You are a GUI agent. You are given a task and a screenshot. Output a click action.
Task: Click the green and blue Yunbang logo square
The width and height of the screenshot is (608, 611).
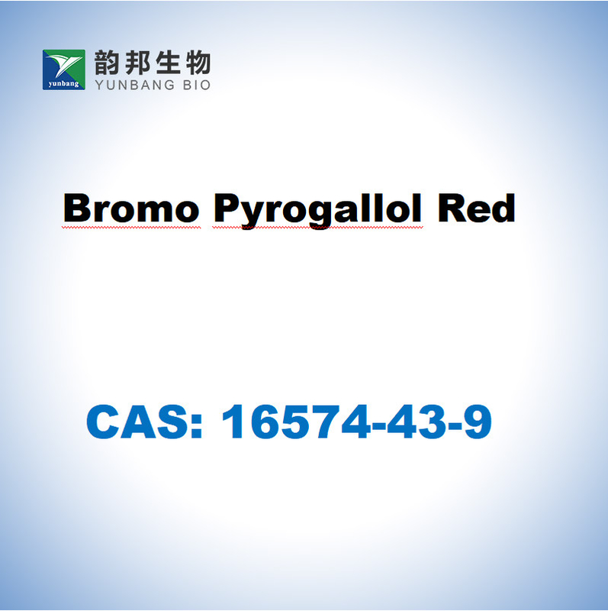click(x=64, y=70)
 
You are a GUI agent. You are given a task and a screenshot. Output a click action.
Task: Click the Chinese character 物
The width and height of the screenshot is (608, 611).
click(x=198, y=63)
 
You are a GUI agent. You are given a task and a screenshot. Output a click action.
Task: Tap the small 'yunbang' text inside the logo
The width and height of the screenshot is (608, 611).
click(x=64, y=84)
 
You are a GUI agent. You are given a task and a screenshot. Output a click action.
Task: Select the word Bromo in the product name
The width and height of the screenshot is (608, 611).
click(x=131, y=208)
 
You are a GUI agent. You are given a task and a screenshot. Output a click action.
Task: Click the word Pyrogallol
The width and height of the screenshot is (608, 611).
click(x=317, y=211)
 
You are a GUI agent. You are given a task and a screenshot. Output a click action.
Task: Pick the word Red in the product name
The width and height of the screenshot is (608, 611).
click(x=477, y=208)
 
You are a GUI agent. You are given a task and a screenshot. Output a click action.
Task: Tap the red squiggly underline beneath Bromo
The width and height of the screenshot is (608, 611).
click(x=131, y=227)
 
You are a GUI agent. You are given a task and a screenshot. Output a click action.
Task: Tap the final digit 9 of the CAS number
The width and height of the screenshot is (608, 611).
click(x=478, y=422)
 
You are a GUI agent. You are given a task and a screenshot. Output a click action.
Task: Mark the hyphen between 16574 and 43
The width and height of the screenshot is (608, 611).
click(x=378, y=426)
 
